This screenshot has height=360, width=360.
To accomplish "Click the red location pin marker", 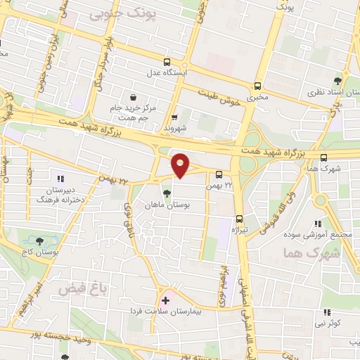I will (x=181, y=165).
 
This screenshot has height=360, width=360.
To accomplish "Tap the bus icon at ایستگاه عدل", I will (x=167, y=62).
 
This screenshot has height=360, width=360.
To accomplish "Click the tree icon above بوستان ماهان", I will (x=167, y=194).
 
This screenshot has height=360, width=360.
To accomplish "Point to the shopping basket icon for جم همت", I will (x=134, y=97).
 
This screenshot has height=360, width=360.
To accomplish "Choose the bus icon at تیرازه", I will (x=240, y=218).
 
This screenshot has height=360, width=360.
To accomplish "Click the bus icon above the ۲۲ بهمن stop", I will (x=219, y=174).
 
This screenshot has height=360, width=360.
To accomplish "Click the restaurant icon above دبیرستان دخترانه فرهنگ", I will (x=60, y=179).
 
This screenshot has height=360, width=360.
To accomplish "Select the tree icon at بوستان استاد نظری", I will (x=337, y=81).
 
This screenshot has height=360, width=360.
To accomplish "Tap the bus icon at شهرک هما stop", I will (x=323, y=157).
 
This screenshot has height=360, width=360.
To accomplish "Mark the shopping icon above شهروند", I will (x=174, y=117).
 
